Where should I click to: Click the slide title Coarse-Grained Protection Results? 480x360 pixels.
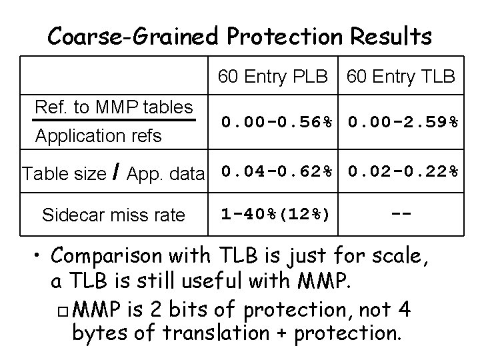click(239, 35)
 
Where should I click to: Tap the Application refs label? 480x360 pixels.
click(99, 136)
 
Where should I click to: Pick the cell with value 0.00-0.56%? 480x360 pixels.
click(277, 122)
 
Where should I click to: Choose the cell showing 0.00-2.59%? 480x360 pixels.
click(403, 122)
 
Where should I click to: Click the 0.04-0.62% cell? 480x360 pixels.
click(277, 171)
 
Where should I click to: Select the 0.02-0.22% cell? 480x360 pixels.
click(403, 171)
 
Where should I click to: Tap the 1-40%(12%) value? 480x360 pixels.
click(275, 214)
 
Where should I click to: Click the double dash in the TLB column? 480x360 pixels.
click(401, 214)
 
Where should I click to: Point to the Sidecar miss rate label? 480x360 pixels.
click(113, 215)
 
